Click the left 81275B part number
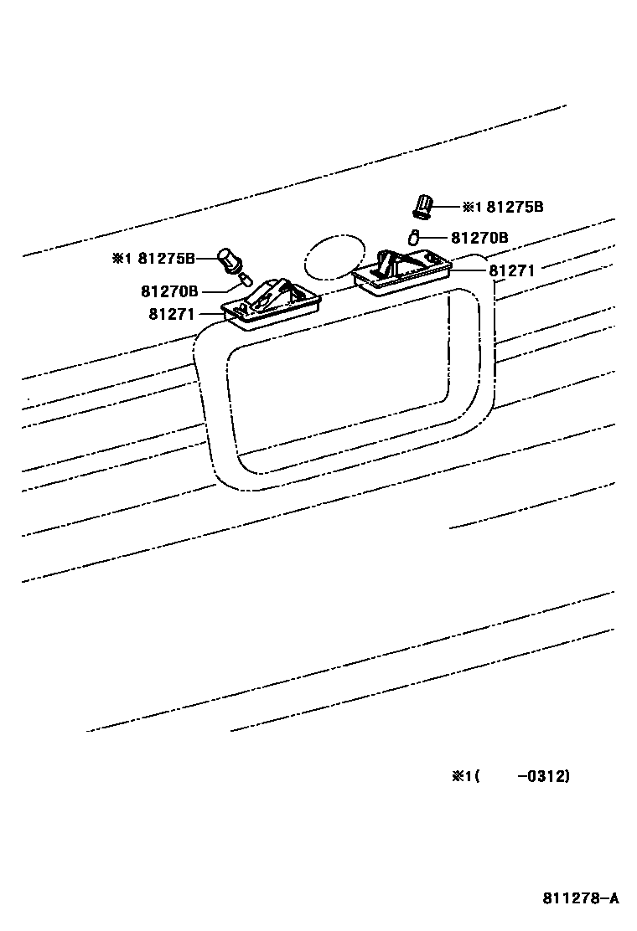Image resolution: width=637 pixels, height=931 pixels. [x=167, y=258]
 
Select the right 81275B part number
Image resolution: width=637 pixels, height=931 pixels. [x=515, y=207]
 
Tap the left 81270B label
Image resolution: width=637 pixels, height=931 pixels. [x=170, y=291]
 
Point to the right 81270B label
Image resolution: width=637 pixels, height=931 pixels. [x=479, y=238]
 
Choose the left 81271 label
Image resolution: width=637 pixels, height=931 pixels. [x=172, y=314]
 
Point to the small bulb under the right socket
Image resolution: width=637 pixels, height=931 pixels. [x=413, y=239]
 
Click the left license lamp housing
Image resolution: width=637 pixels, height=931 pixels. [x=272, y=303]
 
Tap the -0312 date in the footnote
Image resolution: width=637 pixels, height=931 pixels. [x=544, y=776]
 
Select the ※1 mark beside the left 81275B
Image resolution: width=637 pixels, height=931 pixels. [x=122, y=258]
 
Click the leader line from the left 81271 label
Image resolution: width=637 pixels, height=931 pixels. [x=210, y=314]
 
